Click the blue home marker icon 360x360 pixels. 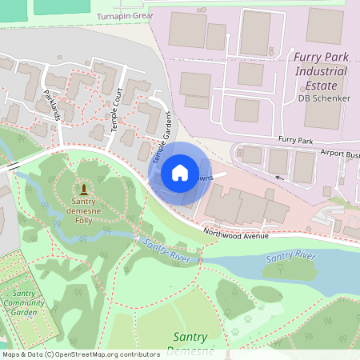point(180,173)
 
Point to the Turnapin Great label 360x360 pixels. point(125,16)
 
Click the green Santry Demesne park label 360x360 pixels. point(190,343)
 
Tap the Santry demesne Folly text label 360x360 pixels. point(79,211)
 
